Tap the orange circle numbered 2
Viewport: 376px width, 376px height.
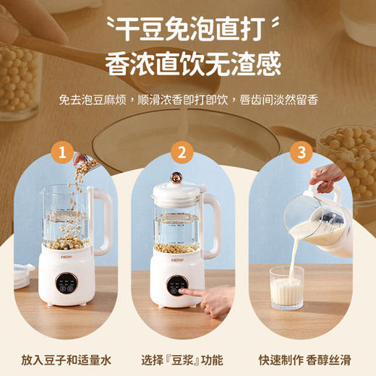(181, 153)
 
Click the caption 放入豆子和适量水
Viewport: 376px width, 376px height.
(67, 359)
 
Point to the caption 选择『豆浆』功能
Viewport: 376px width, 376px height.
(187, 359)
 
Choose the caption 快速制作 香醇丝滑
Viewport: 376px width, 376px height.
(307, 359)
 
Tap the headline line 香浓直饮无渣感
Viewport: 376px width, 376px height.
(192, 66)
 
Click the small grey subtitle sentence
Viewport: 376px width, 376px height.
(188, 100)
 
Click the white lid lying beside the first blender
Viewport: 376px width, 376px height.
(23, 275)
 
